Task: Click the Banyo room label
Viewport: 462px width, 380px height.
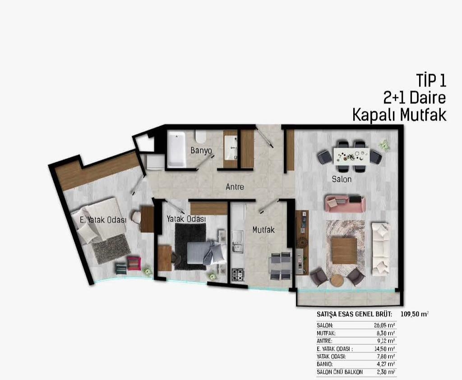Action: point(201,150)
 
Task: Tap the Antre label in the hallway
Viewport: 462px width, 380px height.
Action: point(235,187)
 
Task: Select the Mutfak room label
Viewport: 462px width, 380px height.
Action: point(263,230)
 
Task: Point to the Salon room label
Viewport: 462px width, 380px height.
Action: point(342,179)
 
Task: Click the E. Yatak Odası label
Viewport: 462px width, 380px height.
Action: point(103,220)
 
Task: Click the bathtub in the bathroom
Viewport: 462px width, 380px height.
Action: point(177,149)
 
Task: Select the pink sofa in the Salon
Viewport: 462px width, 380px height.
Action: point(345,203)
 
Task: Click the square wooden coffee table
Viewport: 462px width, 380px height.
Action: point(344,251)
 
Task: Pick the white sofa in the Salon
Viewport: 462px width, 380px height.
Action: point(381,249)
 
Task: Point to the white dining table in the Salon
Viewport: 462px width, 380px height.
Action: point(351,156)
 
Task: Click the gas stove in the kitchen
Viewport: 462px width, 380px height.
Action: point(237,274)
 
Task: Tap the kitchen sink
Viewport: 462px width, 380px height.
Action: point(237,241)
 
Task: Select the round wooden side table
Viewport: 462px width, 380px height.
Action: point(337,281)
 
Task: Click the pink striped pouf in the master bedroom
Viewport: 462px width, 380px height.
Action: point(134,263)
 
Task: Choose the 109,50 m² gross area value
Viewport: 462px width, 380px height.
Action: point(415,314)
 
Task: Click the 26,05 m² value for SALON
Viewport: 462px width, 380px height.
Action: point(384,325)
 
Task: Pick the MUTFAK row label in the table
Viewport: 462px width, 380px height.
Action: point(326,333)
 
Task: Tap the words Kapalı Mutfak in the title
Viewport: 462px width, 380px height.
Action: point(400,115)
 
